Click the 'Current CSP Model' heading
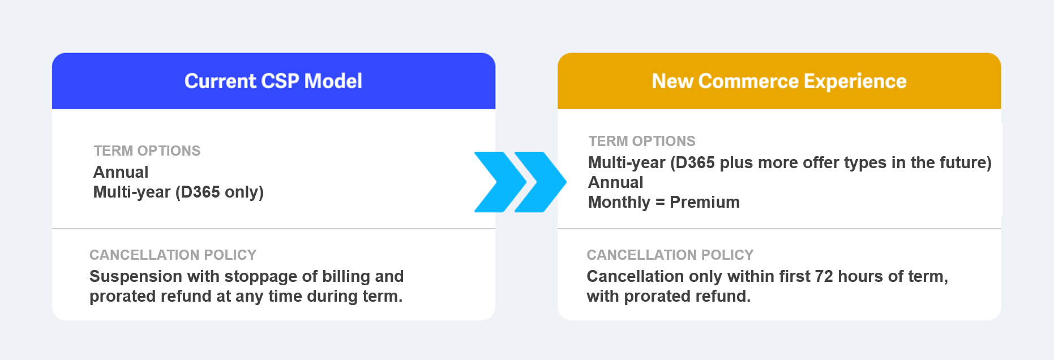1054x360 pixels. click(273, 81)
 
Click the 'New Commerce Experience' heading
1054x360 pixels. click(779, 81)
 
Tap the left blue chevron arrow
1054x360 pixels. click(500, 182)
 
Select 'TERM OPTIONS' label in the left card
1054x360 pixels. click(147, 151)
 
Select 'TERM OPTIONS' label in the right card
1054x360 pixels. click(642, 141)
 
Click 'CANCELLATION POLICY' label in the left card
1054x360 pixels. click(173, 255)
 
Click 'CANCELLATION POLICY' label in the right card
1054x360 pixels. click(670, 255)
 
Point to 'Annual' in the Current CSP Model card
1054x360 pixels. click(121, 172)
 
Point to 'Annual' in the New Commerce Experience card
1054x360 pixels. click(616, 182)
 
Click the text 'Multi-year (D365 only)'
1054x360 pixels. click(178, 192)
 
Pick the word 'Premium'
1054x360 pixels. click(705, 202)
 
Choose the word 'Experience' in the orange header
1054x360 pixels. click(855, 82)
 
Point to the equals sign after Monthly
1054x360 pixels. click(660, 203)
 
